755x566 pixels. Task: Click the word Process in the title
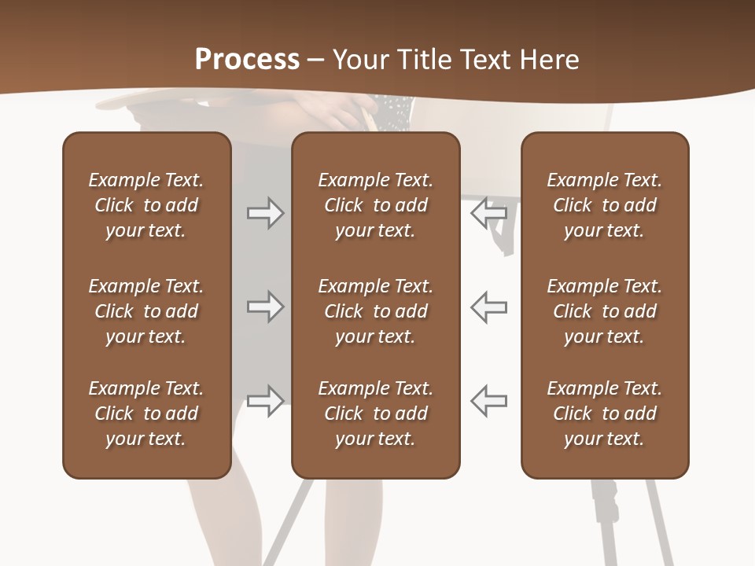coord(247,60)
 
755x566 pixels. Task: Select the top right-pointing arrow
coord(265,213)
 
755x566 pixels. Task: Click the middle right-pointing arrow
coord(265,307)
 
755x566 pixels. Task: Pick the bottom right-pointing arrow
coord(265,401)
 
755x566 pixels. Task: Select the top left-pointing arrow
coord(488,213)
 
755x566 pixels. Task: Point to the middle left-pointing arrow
coord(488,307)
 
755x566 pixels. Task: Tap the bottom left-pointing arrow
coord(488,401)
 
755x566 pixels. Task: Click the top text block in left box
coord(146,205)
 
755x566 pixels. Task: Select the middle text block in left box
coord(146,311)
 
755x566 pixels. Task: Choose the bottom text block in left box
coord(146,413)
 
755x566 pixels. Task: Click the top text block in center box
coord(375,205)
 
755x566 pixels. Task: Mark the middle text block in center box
coord(375,311)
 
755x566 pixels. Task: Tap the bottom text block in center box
coord(375,413)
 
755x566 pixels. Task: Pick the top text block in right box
coord(605,205)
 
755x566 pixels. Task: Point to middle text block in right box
coord(605,311)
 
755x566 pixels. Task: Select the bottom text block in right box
coord(605,413)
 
